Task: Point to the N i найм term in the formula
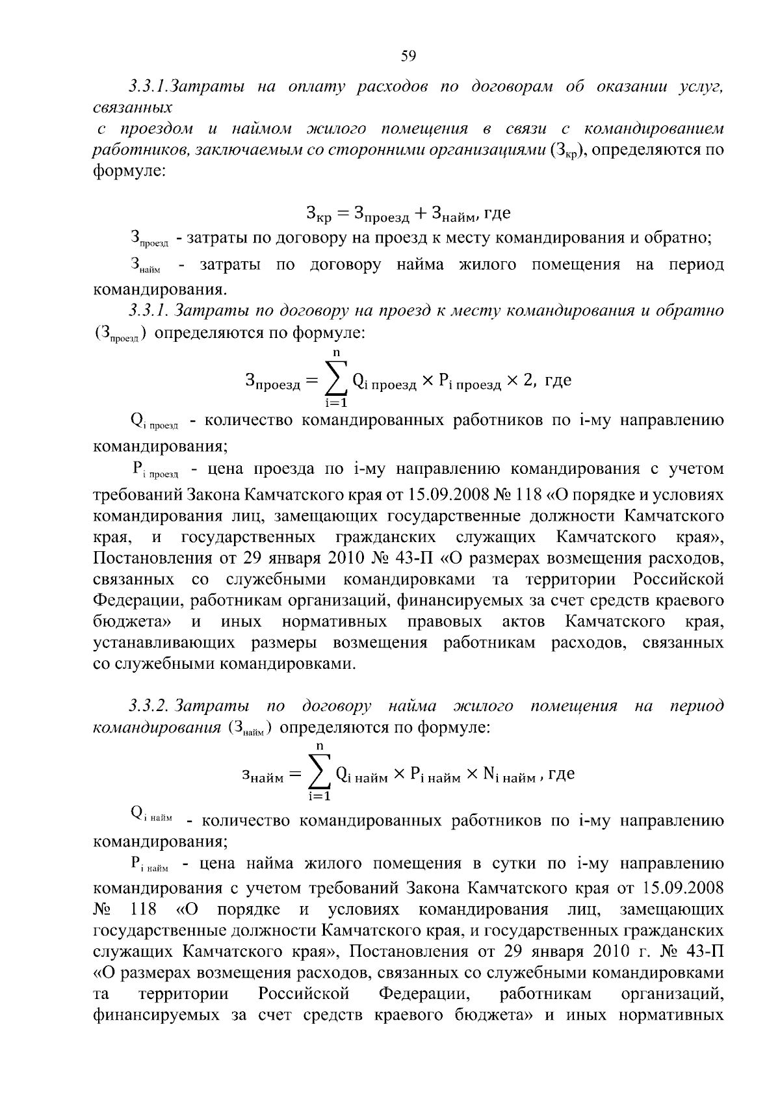(x=509, y=774)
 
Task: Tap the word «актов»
(x=523, y=622)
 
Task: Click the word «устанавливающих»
(x=162, y=643)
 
